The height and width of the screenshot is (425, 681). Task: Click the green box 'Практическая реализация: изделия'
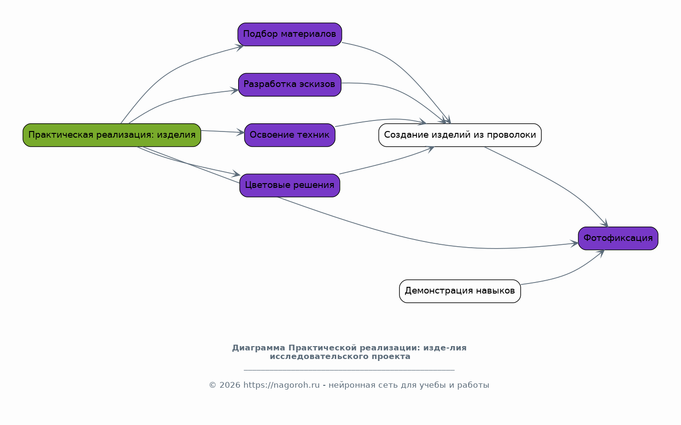pos(112,135)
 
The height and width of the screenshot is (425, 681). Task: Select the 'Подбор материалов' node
pos(290,34)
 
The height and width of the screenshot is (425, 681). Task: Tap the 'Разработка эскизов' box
pos(290,85)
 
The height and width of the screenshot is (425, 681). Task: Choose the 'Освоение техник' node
pos(290,135)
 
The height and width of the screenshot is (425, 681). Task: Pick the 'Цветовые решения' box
pos(290,185)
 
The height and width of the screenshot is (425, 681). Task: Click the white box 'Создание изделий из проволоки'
pos(460,135)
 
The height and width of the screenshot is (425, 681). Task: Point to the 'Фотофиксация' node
pos(618,239)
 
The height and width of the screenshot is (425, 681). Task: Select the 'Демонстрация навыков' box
pos(460,291)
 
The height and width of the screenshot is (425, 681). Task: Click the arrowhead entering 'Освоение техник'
pos(241,132)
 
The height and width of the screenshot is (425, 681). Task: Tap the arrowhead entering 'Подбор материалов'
pos(240,47)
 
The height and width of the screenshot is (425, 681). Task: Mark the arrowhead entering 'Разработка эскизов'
pos(235,91)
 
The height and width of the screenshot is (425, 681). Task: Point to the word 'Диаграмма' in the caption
pos(259,348)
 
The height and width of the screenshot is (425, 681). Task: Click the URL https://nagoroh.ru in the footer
pos(282,385)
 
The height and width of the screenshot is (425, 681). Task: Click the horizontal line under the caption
pos(349,371)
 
